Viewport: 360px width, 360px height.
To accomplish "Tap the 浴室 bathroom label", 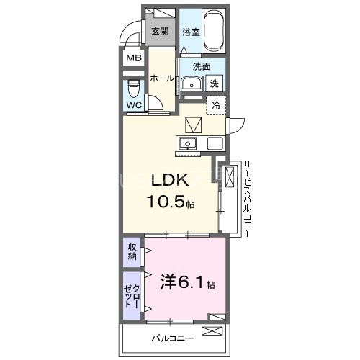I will pyautogui.click(x=190, y=32).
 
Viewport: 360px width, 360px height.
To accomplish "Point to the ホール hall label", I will pyautogui.click(x=162, y=79).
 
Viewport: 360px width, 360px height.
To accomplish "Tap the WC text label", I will pyautogui.click(x=134, y=106).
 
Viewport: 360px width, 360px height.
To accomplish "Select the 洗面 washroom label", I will pyautogui.click(x=201, y=66).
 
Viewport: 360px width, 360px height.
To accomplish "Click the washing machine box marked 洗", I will pyautogui.click(x=215, y=84).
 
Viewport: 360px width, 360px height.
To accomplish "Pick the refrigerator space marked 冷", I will pyautogui.click(x=215, y=105).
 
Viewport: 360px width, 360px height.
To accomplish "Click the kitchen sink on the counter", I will pyautogui.click(x=188, y=142).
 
